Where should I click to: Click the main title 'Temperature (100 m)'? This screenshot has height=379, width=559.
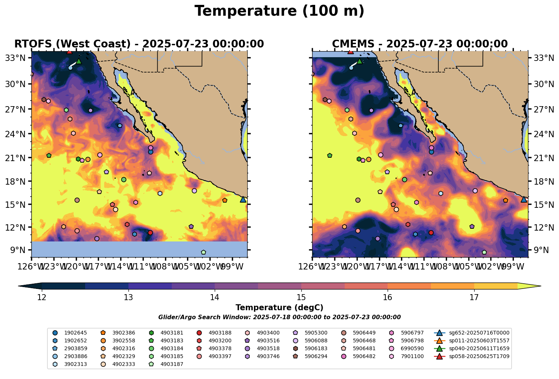pos(279,11)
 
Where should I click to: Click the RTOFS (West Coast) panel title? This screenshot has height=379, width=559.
pos(139,44)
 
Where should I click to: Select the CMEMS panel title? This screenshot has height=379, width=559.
pos(420,44)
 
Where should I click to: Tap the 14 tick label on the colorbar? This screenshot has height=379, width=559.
pos(215,298)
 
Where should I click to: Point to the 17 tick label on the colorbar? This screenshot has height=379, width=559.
pos(474,298)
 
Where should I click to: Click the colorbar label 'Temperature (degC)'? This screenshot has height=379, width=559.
pos(279,308)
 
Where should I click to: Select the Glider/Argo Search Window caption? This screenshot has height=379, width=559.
pos(279,317)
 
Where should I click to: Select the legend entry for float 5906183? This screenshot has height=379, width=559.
pos(316,348)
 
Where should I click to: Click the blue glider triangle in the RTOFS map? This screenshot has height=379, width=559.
pos(243,200)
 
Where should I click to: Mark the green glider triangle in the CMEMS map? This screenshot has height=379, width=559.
pos(360,61)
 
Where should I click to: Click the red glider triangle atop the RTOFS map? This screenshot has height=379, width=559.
pos(69,52)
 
